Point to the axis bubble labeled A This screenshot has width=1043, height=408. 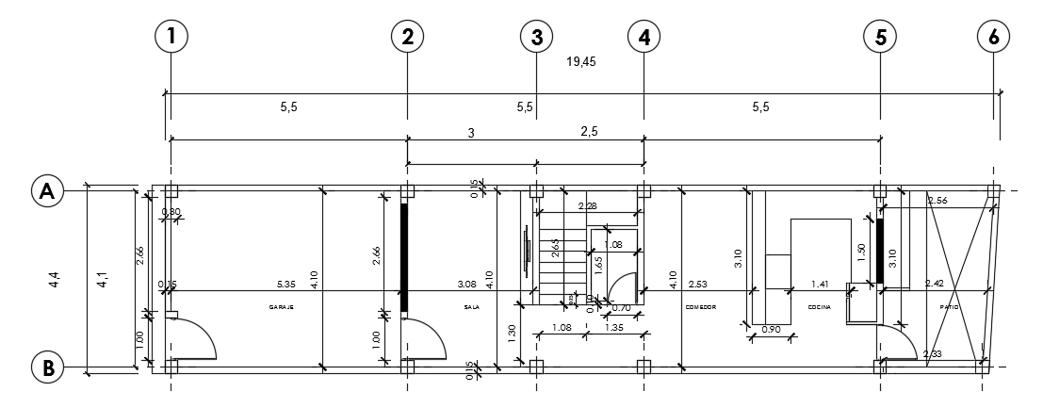click(45, 190)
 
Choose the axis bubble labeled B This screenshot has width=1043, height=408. click(45, 367)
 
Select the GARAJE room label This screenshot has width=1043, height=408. click(283, 307)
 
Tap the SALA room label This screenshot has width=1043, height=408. click(472, 307)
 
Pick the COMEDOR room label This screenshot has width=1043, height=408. click(701, 307)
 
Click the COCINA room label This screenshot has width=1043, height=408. click(819, 307)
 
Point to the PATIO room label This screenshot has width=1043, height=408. click(949, 307)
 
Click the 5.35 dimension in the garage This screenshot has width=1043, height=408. click(287, 283)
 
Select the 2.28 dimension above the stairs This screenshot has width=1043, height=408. click(586, 206)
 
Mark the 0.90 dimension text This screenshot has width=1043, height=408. click(770, 329)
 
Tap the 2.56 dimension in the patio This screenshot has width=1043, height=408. click(937, 201)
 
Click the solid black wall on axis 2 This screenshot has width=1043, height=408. click(405, 256)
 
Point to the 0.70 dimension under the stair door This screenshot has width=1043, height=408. click(621, 308)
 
